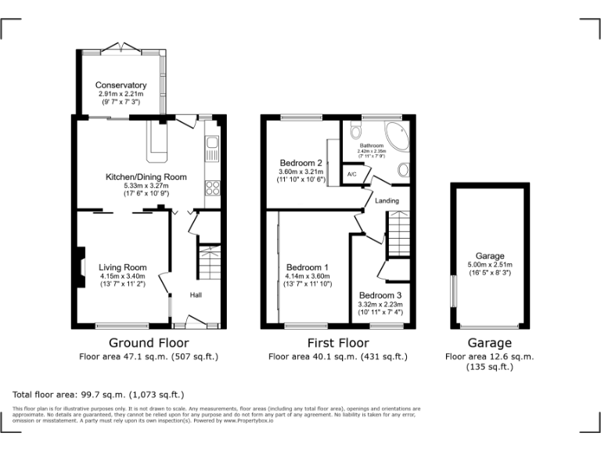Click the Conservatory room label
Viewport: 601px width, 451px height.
(x=121, y=85)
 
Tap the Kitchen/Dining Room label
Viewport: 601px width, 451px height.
(x=146, y=177)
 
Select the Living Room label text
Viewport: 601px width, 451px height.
(x=122, y=268)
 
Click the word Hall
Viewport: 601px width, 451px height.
(x=196, y=295)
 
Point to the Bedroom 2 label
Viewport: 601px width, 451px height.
(x=300, y=163)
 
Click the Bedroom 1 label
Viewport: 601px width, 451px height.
(x=306, y=267)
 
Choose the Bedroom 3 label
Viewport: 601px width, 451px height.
(x=381, y=295)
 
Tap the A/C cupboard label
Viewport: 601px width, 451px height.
(x=352, y=175)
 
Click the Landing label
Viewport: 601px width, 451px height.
(x=387, y=200)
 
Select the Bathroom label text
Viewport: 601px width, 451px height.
(x=371, y=146)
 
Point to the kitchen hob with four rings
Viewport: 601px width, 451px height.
(x=211, y=188)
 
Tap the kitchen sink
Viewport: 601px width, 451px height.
(x=211, y=145)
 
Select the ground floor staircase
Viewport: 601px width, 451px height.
(x=209, y=264)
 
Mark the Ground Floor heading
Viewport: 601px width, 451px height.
(x=148, y=343)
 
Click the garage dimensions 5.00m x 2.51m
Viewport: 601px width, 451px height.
(x=490, y=265)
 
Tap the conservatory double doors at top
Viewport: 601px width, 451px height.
(x=121, y=49)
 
